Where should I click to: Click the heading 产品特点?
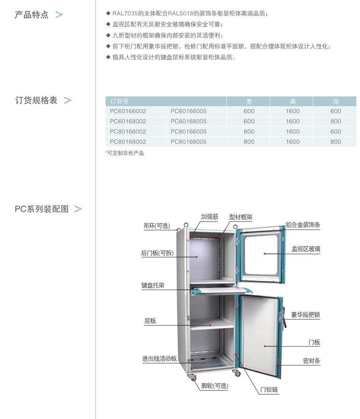click(x=32, y=14)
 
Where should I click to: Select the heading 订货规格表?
click(x=36, y=100)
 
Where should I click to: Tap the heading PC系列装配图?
click(x=42, y=209)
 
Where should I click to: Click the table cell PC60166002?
click(x=128, y=111)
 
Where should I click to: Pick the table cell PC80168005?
click(x=189, y=142)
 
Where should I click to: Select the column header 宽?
click(x=249, y=102)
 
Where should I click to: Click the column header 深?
click(x=336, y=102)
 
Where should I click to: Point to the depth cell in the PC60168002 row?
click(x=336, y=121)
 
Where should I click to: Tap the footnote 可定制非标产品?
click(x=125, y=153)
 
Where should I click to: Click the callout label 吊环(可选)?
click(x=157, y=226)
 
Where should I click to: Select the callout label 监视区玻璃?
click(x=306, y=249)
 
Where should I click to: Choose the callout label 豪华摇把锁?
click(x=305, y=315)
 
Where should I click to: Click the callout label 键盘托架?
click(x=153, y=285)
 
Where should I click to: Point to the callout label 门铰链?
click(x=269, y=390)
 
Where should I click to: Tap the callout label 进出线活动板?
click(x=159, y=358)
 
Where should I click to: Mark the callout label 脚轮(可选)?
click(x=214, y=386)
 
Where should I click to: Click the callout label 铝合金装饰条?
click(x=303, y=225)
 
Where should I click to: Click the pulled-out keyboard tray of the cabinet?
click(x=218, y=290)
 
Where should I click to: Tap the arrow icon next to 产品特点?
click(x=59, y=14)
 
